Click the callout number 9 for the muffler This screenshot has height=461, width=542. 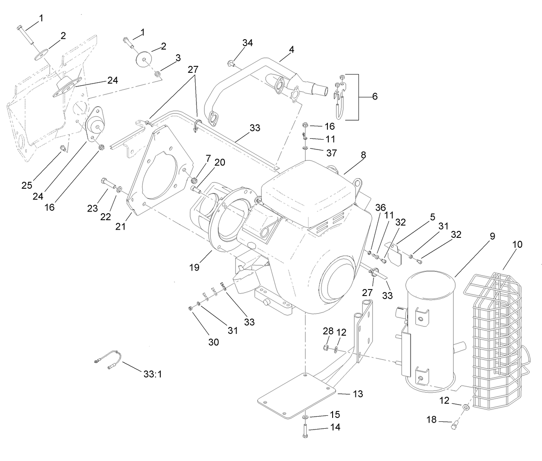pos(492,236)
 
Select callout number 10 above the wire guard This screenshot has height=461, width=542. pos(517,244)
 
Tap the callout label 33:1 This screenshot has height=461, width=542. pos(153,374)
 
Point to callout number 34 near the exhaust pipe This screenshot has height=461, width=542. pos(247,43)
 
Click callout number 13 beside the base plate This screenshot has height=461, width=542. pos(358,394)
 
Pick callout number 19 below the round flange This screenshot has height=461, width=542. pos(194,267)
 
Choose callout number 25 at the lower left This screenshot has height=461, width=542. pos(27,185)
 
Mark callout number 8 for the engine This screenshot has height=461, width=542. pos(363,155)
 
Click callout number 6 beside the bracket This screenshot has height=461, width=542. pos(374,97)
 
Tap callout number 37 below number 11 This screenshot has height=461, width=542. pos(331,153)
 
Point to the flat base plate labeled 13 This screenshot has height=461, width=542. pos(297,394)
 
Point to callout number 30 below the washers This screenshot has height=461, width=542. pos(214,342)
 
